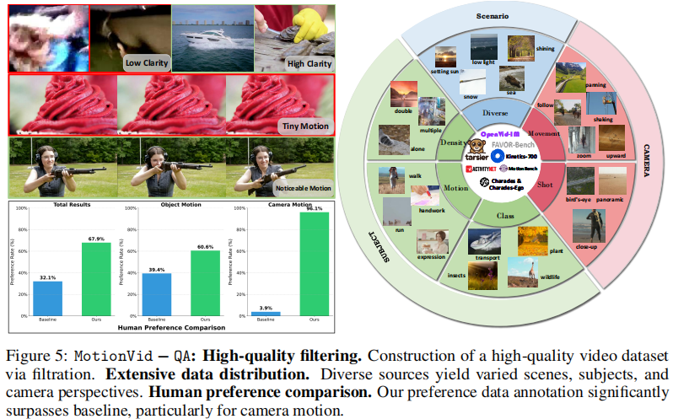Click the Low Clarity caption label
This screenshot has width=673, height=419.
(x=146, y=62)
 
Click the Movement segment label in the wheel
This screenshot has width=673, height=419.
(x=546, y=134)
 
